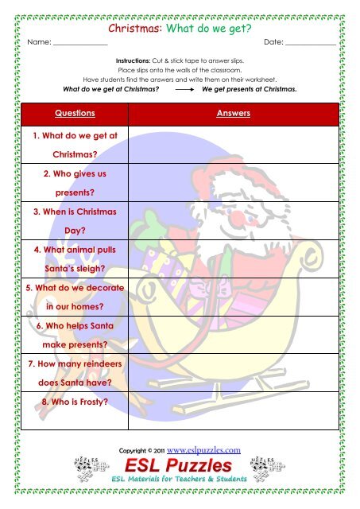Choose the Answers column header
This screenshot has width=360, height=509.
click(234, 114)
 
